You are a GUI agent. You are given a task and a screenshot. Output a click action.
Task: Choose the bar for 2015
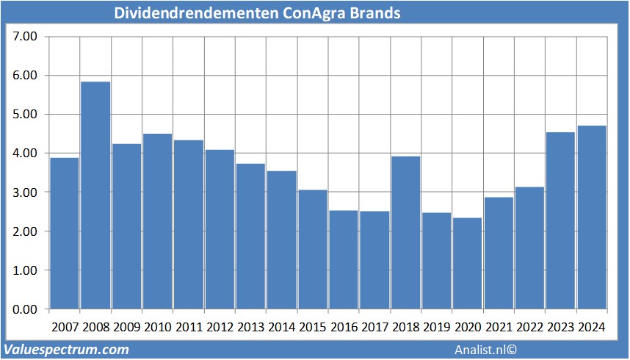point(312,249)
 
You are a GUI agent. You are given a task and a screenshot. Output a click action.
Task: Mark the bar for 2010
point(157,221)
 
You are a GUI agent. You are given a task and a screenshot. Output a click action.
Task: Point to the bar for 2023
point(561,220)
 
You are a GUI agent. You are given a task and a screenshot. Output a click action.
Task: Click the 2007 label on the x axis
point(65,326)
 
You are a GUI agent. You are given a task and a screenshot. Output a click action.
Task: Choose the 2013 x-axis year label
point(250,326)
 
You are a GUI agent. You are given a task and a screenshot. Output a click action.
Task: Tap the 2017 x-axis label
point(374,326)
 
